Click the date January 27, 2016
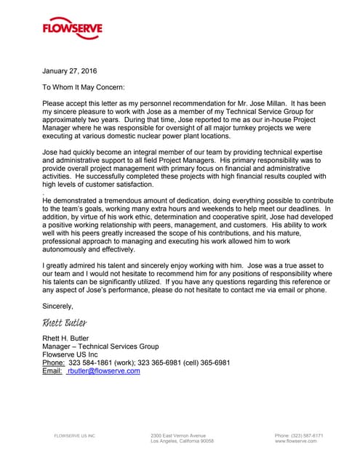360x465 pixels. coord(69,71)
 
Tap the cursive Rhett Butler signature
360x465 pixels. coord(65,322)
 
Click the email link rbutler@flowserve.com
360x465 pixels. coord(103,371)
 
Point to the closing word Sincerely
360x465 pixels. coord(58,306)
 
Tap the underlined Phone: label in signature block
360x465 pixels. coord(54,363)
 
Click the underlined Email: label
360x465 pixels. coord(52,371)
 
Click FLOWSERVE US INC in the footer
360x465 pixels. coord(75,436)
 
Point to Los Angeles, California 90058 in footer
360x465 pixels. coord(182,441)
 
